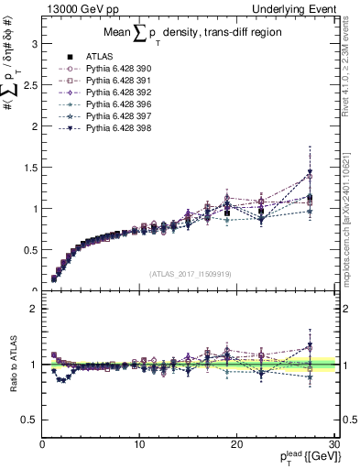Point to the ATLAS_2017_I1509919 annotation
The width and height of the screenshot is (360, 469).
click(x=190, y=272)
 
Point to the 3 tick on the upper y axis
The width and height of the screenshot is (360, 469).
click(x=34, y=43)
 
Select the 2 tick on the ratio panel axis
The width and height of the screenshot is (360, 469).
click(x=34, y=309)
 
